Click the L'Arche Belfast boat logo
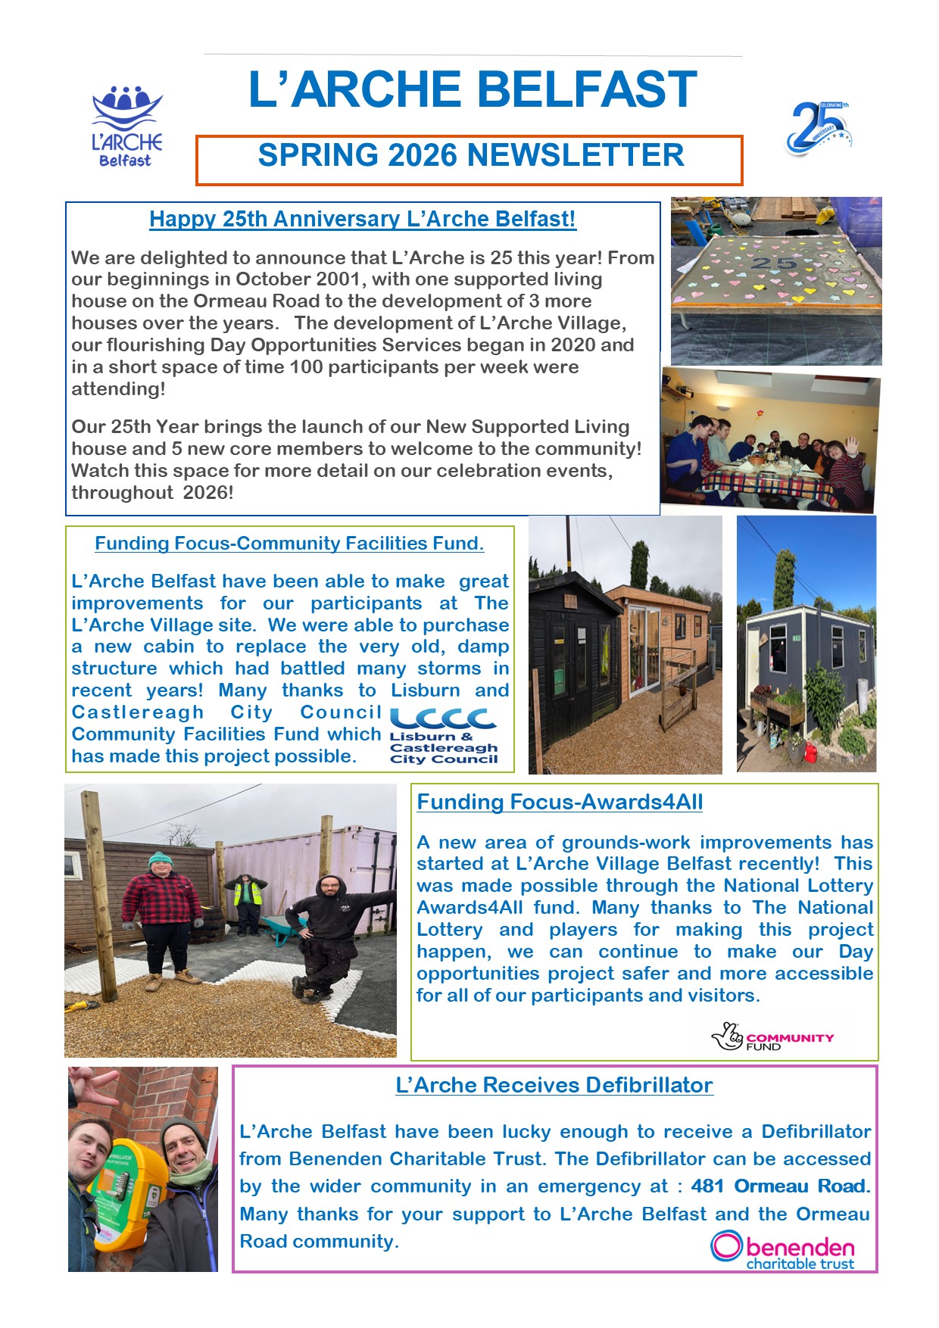click(126, 125)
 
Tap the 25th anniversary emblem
click(819, 129)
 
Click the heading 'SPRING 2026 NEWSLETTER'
click(470, 156)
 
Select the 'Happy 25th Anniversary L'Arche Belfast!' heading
click(362, 220)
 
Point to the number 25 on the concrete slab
click(774, 263)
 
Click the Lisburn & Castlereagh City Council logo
click(444, 735)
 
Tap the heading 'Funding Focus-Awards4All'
click(560, 803)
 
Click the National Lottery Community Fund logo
click(772, 1037)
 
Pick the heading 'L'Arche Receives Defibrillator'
click(554, 1086)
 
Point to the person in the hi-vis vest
click(244, 901)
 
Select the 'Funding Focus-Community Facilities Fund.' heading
click(289, 544)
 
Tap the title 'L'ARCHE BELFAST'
click(473, 89)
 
